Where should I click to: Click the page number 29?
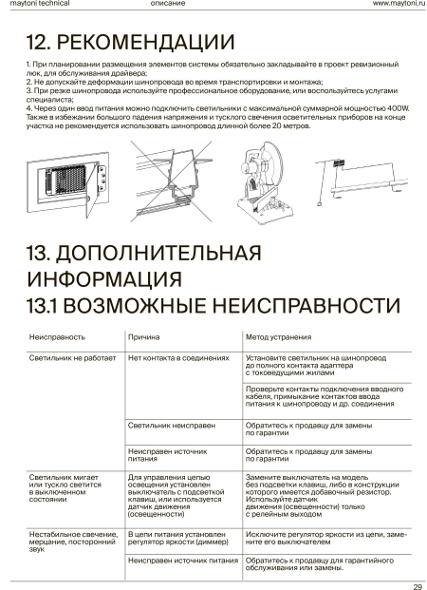(x=418, y=586)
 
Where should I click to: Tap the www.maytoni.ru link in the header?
(x=399, y=4)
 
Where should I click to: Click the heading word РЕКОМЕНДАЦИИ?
(x=145, y=42)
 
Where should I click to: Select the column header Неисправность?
(x=57, y=336)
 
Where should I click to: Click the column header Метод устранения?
(x=279, y=337)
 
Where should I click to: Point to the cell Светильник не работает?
(x=72, y=358)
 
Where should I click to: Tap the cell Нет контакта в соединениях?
(x=178, y=358)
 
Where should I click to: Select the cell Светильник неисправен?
(x=172, y=426)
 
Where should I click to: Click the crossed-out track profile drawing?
(x=172, y=181)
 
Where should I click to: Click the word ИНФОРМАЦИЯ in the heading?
(x=104, y=278)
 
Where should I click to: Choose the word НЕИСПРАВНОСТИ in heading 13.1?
(x=306, y=305)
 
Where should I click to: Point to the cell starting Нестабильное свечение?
(x=73, y=542)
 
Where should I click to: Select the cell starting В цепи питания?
(x=178, y=538)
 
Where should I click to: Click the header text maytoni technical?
(x=40, y=4)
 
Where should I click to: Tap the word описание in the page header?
(x=168, y=4)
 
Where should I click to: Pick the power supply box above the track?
(x=340, y=162)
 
